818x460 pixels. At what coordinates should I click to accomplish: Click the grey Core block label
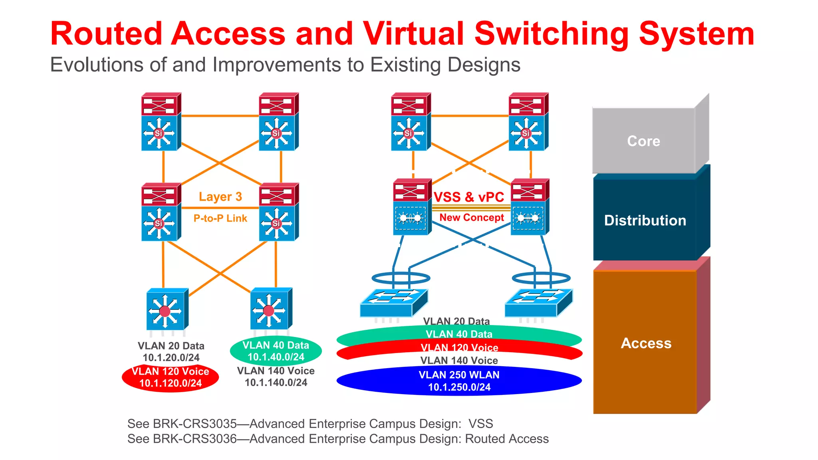[643, 141]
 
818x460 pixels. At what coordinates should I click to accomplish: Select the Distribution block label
[645, 220]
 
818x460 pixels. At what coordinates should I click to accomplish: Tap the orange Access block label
[646, 343]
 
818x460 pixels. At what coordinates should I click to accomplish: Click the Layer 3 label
[220, 196]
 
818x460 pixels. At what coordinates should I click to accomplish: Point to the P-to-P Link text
[220, 218]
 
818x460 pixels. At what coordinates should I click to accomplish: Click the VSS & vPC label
[469, 197]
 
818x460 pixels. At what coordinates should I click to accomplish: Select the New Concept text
[471, 218]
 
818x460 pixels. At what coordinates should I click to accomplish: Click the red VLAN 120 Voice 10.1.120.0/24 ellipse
[170, 377]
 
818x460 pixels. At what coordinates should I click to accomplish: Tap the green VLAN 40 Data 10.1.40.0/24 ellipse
[276, 351]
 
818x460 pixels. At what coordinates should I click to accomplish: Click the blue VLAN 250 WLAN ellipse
[459, 381]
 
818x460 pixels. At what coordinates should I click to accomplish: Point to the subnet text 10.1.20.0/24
[171, 358]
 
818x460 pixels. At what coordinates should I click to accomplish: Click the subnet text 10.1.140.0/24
[276, 383]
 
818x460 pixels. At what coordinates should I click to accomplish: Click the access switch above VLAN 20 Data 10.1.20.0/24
[167, 309]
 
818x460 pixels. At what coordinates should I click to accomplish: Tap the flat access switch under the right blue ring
[538, 303]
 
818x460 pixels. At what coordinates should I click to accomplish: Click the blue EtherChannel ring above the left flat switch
[401, 278]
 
